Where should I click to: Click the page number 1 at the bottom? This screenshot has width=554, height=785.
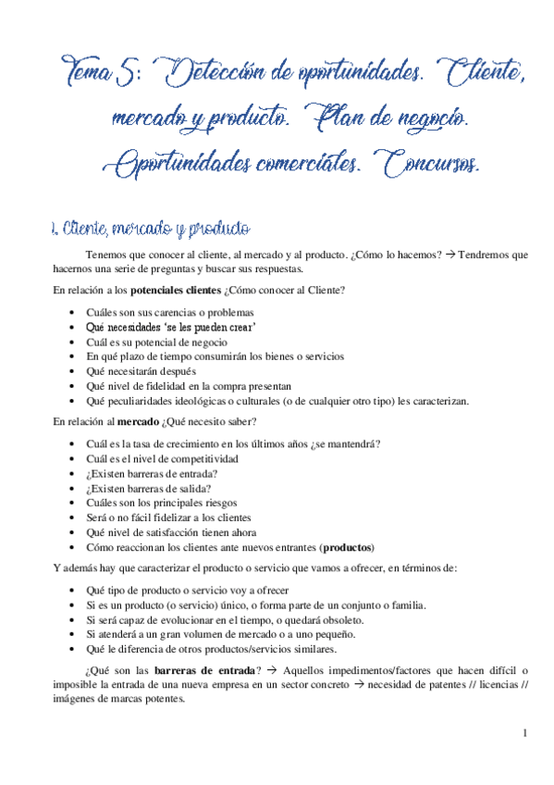523,735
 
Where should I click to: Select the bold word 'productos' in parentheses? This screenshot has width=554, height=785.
339,547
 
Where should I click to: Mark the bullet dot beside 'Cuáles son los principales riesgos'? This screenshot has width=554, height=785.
74,504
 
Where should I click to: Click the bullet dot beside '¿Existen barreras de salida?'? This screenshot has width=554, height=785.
74,489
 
